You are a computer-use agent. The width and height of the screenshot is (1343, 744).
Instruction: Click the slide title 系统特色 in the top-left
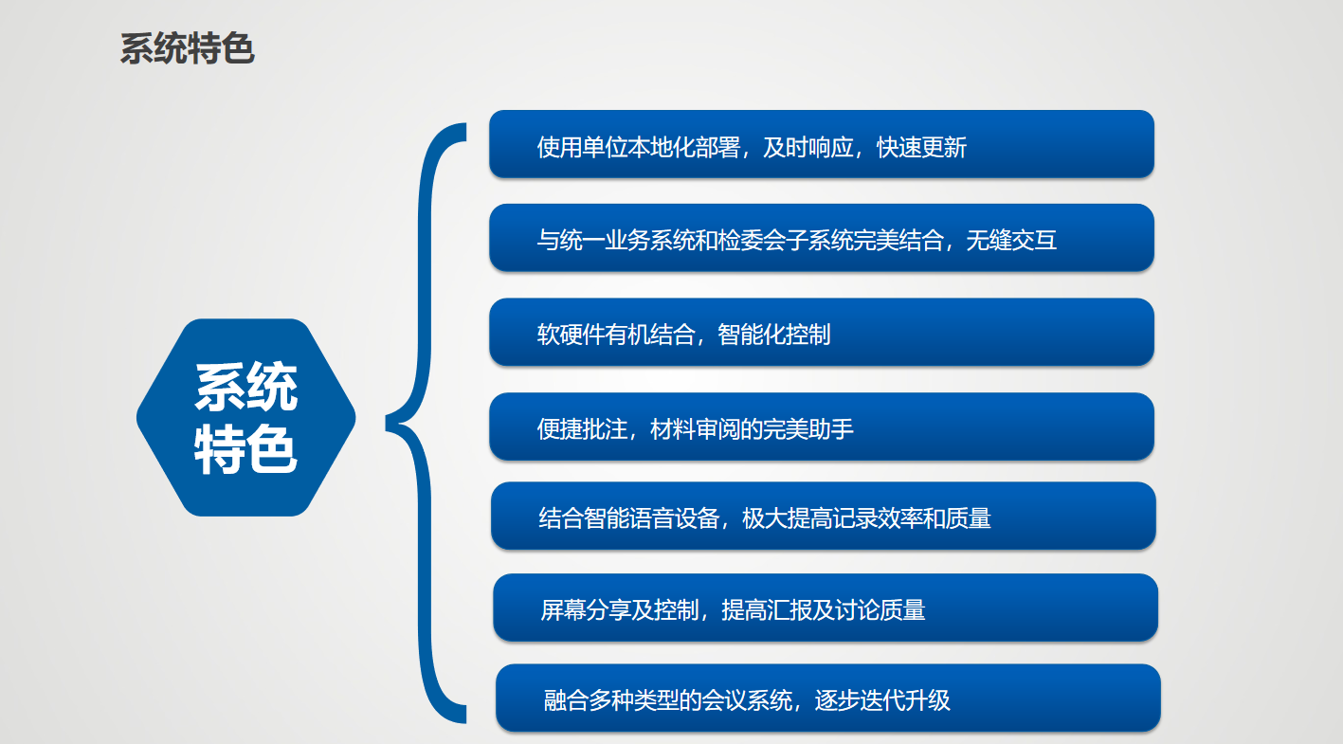click(187, 48)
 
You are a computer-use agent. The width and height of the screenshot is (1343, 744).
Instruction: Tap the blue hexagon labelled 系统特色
click(245, 417)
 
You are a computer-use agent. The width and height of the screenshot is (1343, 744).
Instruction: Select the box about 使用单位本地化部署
click(822, 144)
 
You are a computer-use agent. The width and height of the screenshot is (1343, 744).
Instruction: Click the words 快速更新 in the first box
click(921, 148)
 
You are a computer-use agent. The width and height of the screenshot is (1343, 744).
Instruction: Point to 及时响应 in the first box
click(808, 148)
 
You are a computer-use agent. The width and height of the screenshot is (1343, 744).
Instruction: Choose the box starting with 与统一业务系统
click(822, 238)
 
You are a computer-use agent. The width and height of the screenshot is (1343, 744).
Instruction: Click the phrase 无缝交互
click(1011, 241)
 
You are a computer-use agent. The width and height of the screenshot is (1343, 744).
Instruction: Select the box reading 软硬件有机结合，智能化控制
click(822, 332)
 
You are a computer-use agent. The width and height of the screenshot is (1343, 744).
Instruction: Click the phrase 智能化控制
click(774, 335)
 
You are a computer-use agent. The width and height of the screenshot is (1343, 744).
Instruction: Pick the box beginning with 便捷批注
click(822, 426)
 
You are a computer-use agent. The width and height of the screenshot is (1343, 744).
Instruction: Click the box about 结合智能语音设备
click(824, 517)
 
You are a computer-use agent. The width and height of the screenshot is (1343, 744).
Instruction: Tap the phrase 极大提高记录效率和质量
click(866, 518)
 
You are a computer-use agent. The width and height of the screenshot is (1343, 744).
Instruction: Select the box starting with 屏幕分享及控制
click(825, 608)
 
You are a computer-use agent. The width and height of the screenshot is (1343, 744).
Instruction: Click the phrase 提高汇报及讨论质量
click(824, 610)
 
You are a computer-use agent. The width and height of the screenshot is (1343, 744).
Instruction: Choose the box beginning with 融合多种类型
click(828, 698)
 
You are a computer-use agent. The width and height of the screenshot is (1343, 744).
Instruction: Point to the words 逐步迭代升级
click(882, 700)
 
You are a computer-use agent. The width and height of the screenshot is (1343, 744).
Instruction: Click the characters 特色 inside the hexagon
click(245, 449)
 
